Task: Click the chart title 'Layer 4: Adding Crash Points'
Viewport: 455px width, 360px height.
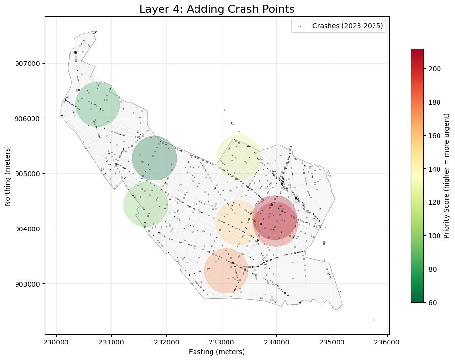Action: [x=217, y=9]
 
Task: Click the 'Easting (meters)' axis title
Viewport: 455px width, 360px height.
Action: [x=217, y=352]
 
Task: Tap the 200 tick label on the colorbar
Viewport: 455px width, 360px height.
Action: [x=435, y=69]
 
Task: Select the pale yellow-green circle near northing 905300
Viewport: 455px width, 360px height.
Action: [x=239, y=157]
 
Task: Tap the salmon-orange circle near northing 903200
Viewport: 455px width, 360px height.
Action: [x=226, y=271]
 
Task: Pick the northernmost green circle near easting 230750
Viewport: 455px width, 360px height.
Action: [x=97, y=104]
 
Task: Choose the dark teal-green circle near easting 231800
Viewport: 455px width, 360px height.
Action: [x=154, y=158]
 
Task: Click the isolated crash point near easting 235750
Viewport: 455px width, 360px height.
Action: [x=374, y=320]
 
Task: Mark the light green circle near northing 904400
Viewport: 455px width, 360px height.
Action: [x=146, y=204]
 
